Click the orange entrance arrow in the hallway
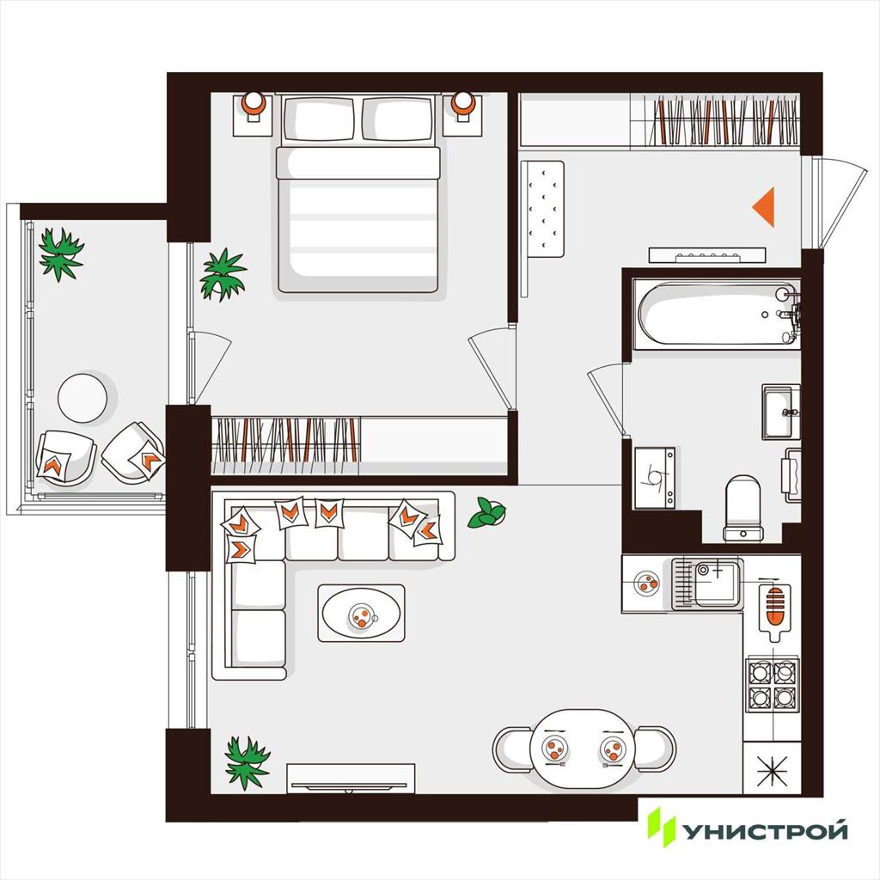click(766, 207)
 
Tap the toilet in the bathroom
click(743, 509)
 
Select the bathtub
click(718, 315)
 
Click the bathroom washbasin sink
click(781, 412)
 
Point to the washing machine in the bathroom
click(655, 478)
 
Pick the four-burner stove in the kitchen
click(772, 683)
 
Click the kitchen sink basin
click(718, 584)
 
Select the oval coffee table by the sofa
click(361, 613)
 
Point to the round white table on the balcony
click(82, 398)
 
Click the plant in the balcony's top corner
click(61, 254)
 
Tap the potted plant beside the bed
click(223, 274)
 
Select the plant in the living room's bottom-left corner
click(247, 762)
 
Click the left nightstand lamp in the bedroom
click(254, 105)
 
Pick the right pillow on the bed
click(398, 119)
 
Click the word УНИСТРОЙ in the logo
click(764, 831)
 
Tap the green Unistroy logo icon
click(661, 827)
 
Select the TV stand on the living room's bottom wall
click(351, 779)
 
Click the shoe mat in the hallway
click(542, 210)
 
